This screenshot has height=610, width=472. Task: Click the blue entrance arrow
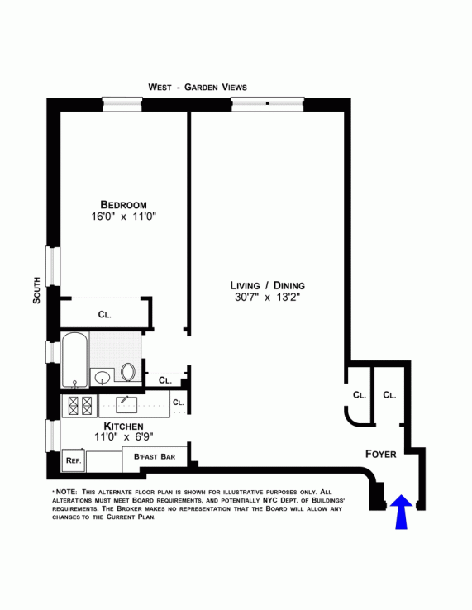[x=401, y=512]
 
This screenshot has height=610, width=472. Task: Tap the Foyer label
[x=380, y=454]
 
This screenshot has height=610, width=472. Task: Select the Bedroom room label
[x=123, y=205]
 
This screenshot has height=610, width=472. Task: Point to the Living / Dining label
[x=267, y=285]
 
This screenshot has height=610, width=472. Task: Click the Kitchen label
[x=123, y=426]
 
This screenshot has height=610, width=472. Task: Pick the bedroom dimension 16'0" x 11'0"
[x=124, y=217]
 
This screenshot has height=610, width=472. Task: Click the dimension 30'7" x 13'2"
[x=267, y=298]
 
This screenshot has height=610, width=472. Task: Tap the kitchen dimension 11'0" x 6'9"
[x=124, y=437]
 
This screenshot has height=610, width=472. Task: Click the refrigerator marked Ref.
[x=74, y=460]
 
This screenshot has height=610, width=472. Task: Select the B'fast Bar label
[x=155, y=456]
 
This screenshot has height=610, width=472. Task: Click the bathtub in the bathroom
[x=75, y=360]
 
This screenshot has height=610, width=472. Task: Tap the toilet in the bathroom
[x=127, y=371]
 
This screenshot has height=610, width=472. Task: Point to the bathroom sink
[x=103, y=377]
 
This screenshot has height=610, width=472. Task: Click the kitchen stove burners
[x=80, y=406]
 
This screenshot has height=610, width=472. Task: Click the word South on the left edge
[x=36, y=290]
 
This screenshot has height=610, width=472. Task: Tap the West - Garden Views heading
[x=198, y=87]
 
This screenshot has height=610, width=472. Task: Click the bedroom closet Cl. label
[x=105, y=314]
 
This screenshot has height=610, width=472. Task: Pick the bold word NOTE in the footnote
[x=66, y=492]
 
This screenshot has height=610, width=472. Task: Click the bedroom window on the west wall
[x=122, y=105]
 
